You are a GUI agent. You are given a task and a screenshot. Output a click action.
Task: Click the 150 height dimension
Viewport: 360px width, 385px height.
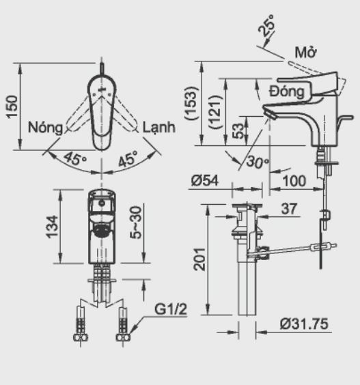coord(12,106)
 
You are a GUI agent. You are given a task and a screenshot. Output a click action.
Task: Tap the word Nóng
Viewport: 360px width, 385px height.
coord(45,128)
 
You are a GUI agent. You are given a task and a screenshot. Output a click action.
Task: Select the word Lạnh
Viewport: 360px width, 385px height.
coord(159,127)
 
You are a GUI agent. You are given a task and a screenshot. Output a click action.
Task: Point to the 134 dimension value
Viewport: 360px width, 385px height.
coord(52,227)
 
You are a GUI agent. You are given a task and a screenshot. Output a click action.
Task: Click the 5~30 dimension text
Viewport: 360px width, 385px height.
coord(136,223)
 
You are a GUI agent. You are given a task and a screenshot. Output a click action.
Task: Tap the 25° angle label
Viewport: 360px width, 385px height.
coord(267,25)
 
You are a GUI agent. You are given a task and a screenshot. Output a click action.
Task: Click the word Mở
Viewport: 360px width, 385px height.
coord(305,52)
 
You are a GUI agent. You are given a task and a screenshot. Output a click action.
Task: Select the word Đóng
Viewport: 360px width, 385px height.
coord(287,91)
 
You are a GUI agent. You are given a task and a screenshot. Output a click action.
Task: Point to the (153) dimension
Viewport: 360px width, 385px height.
coord(191,103)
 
